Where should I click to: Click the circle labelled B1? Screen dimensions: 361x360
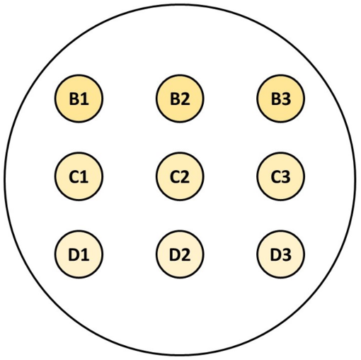pyautogui.click(x=79, y=99)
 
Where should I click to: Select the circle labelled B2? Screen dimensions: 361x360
pyautogui.click(x=180, y=99)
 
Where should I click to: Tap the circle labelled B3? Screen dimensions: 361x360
pyautogui.click(x=281, y=99)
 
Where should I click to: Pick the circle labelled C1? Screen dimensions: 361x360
pyautogui.click(x=79, y=176)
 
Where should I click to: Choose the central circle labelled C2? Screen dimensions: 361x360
pyautogui.click(x=180, y=176)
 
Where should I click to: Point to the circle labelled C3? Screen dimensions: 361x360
pyautogui.click(x=281, y=176)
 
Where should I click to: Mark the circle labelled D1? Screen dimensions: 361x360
pyautogui.click(x=79, y=254)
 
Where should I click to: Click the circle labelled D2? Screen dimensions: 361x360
pyautogui.click(x=180, y=254)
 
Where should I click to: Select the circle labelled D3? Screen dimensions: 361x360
pyautogui.click(x=281, y=254)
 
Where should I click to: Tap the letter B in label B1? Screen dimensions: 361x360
pyautogui.click(x=74, y=99)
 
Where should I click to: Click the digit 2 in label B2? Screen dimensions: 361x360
pyautogui.click(x=185, y=99)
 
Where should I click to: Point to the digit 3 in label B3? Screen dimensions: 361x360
pyautogui.click(x=286, y=99)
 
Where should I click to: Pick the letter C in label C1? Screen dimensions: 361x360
pyautogui.click(x=74, y=176)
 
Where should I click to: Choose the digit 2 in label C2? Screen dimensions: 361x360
pyautogui.click(x=185, y=176)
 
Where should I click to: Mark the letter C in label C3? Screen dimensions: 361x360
pyautogui.click(x=275, y=176)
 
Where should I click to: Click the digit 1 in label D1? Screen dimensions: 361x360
pyautogui.click(x=85, y=254)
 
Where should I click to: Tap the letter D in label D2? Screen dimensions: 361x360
pyautogui.click(x=175, y=254)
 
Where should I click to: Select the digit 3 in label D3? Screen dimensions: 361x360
pyautogui.click(x=287, y=254)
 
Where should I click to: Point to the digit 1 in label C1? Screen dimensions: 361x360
pyautogui.click(x=84, y=176)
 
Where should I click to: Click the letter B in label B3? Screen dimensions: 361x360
pyautogui.click(x=276, y=99)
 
